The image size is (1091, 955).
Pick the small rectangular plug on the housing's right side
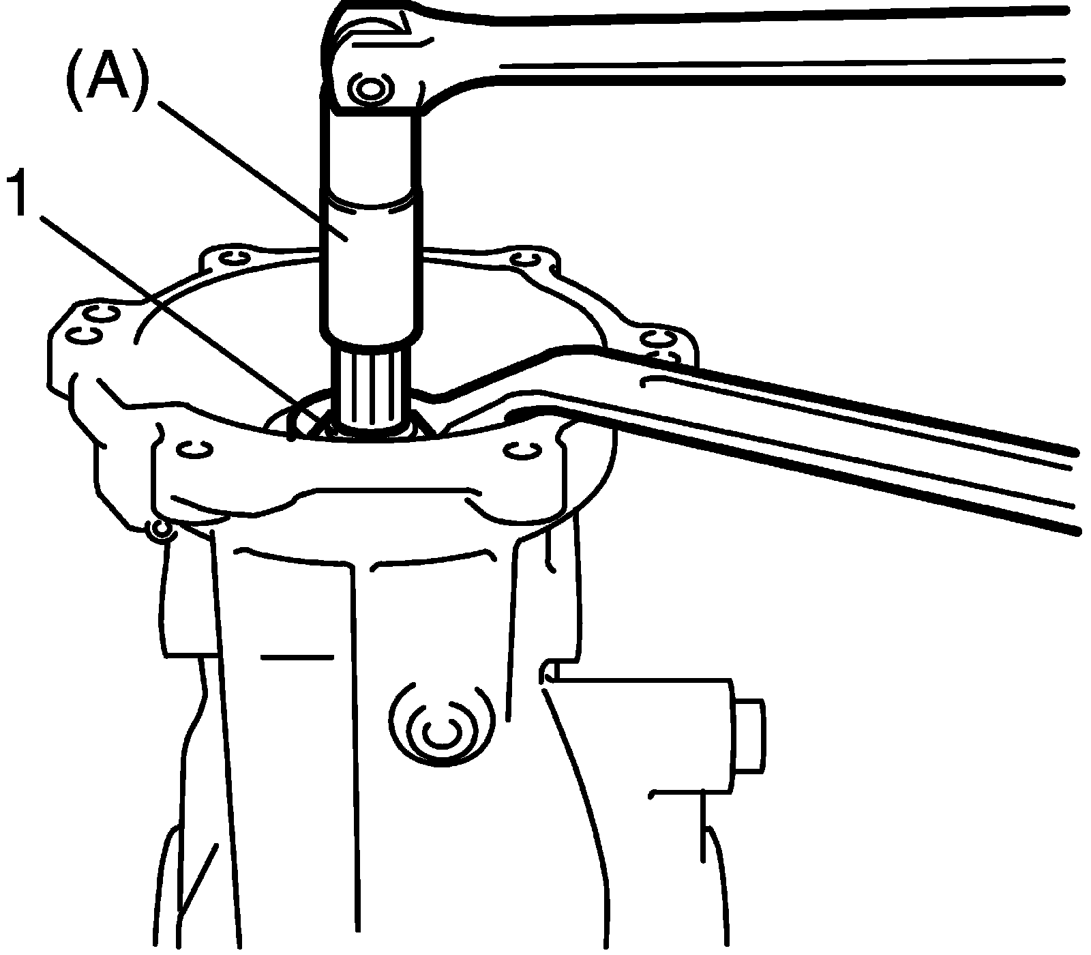[x=749, y=737]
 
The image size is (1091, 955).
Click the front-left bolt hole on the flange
[x=193, y=448]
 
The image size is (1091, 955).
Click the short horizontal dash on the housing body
[x=297, y=657]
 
